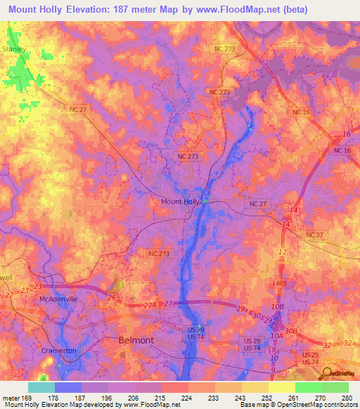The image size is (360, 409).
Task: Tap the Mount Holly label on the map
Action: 181,202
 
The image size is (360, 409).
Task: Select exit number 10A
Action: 276,336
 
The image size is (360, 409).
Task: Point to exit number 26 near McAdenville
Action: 111,297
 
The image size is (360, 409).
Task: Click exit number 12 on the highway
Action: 283,252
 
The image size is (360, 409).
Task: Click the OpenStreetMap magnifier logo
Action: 326,373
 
